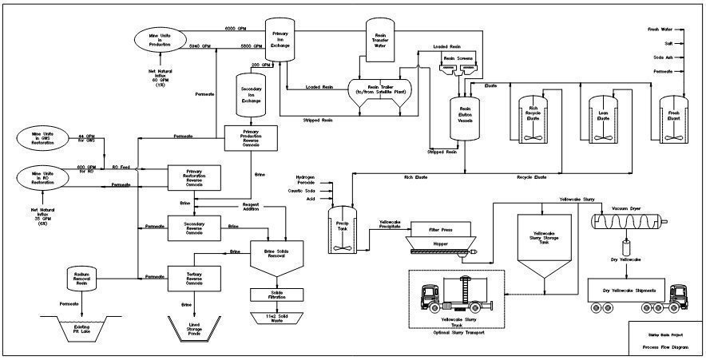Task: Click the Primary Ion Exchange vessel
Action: pyautogui.click(x=280, y=41)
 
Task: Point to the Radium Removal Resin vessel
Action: pyautogui.click(x=81, y=277)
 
